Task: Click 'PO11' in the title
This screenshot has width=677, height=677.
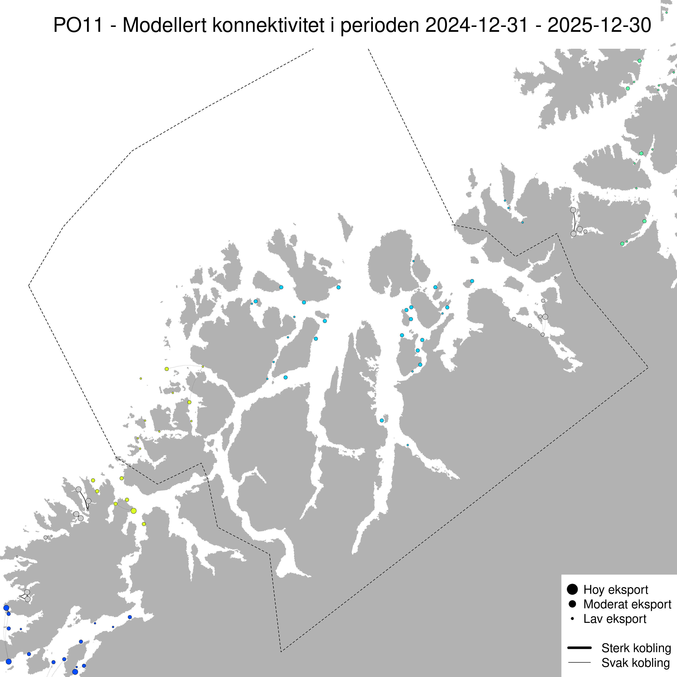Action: [78, 25]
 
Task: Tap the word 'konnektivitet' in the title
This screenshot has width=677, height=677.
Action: [268, 25]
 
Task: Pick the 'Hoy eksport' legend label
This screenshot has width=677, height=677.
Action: [616, 590]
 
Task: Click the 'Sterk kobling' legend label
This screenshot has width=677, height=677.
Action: [636, 648]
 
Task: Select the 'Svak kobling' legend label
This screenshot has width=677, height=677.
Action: [635, 663]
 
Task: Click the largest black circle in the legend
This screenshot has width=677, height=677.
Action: [572, 589]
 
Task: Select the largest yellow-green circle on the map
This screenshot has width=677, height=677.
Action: [134, 511]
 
